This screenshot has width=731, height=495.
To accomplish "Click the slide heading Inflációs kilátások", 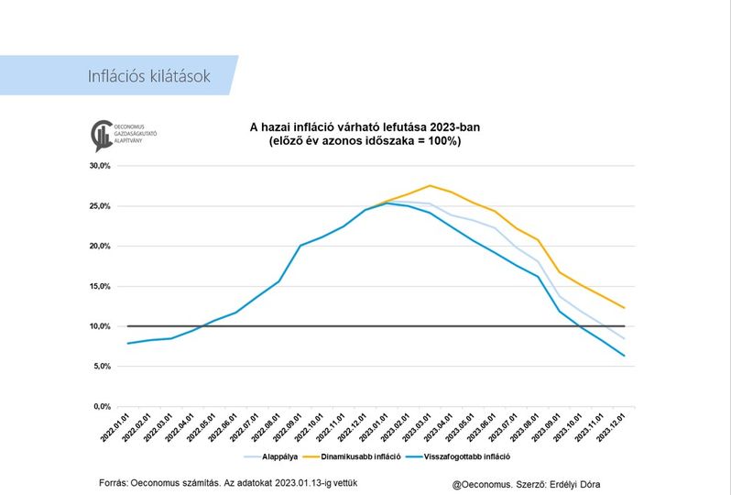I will pyautogui.click(x=148, y=75).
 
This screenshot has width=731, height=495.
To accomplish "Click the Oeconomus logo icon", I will pyautogui.click(x=101, y=136).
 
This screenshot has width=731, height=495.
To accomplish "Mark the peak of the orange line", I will pyautogui.click(x=430, y=185).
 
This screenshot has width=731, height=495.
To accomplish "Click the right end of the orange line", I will pyautogui.click(x=624, y=308).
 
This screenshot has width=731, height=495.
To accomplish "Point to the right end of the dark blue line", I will pyautogui.click(x=624, y=356).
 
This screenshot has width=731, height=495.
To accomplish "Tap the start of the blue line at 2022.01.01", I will pyautogui.click(x=128, y=344).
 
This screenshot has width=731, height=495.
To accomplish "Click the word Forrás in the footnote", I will pyautogui.click(x=114, y=482).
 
